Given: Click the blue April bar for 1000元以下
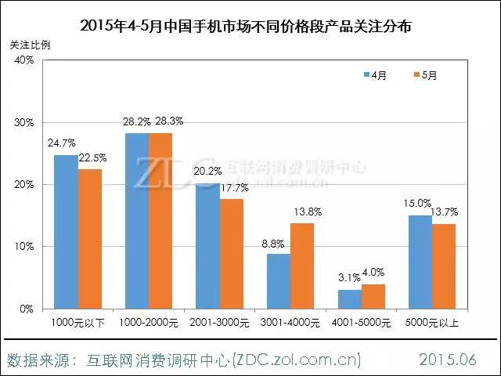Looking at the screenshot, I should [x=66, y=232].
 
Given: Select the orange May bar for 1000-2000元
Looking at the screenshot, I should [x=160, y=221].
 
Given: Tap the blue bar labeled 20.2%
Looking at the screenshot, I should [x=207, y=246].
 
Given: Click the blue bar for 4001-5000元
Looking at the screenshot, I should [x=350, y=299].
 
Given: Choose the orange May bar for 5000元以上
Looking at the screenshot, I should [x=444, y=266].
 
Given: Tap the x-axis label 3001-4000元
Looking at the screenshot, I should [x=291, y=322].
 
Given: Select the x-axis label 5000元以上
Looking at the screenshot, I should [x=432, y=322].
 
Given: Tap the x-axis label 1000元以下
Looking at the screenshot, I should [x=77, y=322].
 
